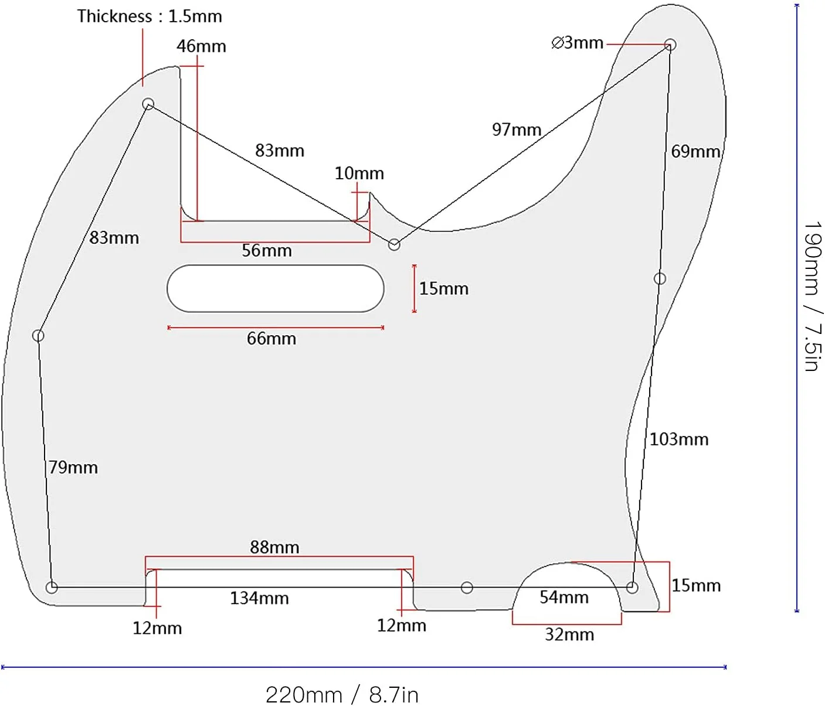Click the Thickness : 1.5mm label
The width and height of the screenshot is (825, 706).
(x=150, y=16)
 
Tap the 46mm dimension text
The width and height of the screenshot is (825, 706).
(x=201, y=46)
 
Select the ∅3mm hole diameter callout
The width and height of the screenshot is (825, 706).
(x=577, y=43)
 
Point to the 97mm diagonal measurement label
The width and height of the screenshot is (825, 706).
(x=517, y=129)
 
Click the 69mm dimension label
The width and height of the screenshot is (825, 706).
(x=695, y=151)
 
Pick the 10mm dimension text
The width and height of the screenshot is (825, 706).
(x=359, y=173)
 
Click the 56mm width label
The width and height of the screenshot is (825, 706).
(x=267, y=251)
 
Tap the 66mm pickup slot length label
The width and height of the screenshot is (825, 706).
(x=271, y=339)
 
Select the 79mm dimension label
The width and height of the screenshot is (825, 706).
(x=73, y=468)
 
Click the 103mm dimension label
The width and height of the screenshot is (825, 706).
(x=679, y=439)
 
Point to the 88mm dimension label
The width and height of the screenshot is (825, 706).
(x=274, y=547)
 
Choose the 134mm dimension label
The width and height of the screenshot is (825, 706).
(x=259, y=598)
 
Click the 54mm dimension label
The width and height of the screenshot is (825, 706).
(x=564, y=598)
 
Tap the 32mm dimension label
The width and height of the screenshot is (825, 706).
(x=569, y=635)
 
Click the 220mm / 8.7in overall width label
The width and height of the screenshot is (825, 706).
(x=342, y=695)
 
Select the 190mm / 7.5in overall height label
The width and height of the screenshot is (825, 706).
(x=813, y=296)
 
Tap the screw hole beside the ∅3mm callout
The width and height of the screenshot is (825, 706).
(x=670, y=45)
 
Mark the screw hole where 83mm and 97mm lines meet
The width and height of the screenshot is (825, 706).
(x=394, y=244)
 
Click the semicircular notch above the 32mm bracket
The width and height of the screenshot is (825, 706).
(x=567, y=563)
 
